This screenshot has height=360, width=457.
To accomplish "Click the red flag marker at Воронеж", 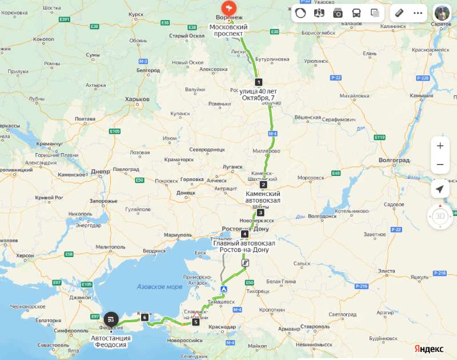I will point(228,8).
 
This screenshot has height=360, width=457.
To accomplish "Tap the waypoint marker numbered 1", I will point(258,82).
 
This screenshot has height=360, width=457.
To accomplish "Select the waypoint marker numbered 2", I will point(263,185).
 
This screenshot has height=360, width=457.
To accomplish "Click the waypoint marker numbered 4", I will point(244,234).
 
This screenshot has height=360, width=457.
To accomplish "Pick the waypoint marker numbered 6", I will point(145,318).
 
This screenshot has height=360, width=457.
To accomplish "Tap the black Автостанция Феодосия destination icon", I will point(112,319).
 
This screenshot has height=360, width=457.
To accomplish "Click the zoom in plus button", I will point(440,146).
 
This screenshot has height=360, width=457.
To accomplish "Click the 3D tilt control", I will point(440,217).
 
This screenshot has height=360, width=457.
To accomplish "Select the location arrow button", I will point(440,189).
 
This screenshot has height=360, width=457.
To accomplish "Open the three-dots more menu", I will point(418,13).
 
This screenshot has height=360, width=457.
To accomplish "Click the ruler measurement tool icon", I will point(399,13).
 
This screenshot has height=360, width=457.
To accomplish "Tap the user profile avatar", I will point(442,13).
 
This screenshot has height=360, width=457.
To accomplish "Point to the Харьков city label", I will point(137,99).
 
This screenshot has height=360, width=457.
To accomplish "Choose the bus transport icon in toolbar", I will point(356,13).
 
